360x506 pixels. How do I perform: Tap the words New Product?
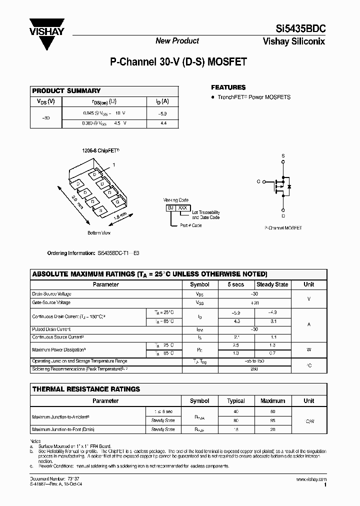point(177,41)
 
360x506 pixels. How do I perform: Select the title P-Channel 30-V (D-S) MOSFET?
point(178,62)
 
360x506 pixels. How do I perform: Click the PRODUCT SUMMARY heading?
point(66,91)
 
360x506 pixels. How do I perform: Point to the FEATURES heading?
point(228,87)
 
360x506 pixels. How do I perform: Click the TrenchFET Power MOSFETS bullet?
point(253,97)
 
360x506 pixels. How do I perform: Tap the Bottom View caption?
point(99,233)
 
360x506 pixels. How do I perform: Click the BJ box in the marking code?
point(171,206)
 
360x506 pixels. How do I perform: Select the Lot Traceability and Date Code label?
point(205,215)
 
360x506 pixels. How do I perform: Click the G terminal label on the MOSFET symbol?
point(258,182)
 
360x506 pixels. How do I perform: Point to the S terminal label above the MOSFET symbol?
point(283,156)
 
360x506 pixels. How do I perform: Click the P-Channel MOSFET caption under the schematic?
point(283,227)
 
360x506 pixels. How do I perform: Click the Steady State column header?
point(272,284)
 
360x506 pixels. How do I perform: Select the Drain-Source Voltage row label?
point(51,294)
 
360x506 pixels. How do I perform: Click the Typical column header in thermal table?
point(236,401)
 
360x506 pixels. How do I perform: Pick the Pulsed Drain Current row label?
point(51,329)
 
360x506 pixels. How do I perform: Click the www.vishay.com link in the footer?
point(311,479)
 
